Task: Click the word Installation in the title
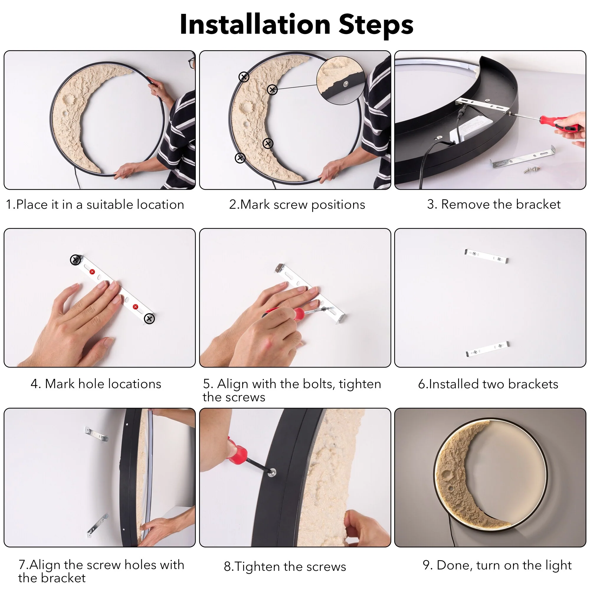coord(255,24)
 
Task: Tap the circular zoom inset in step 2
coord(340,80)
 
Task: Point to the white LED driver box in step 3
coord(471,130)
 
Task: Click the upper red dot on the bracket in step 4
coord(92,272)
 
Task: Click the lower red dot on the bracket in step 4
coord(135,307)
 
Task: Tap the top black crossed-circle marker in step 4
coord(76,260)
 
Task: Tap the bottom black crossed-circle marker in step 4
coord(149,319)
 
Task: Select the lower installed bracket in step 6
coord(487,349)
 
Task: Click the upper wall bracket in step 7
coord(96,434)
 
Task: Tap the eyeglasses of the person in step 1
coord(191,63)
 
